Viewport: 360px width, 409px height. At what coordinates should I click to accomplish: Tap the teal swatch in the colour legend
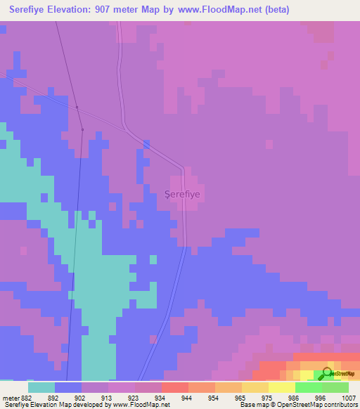pyautogui.click(x=41, y=387)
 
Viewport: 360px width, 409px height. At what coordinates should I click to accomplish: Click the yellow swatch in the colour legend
pyautogui.click(x=281, y=387)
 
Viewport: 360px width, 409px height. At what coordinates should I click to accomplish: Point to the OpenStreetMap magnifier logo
pyautogui.click(x=328, y=374)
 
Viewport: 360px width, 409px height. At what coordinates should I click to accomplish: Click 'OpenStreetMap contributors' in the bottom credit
pyautogui.click(x=322, y=404)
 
